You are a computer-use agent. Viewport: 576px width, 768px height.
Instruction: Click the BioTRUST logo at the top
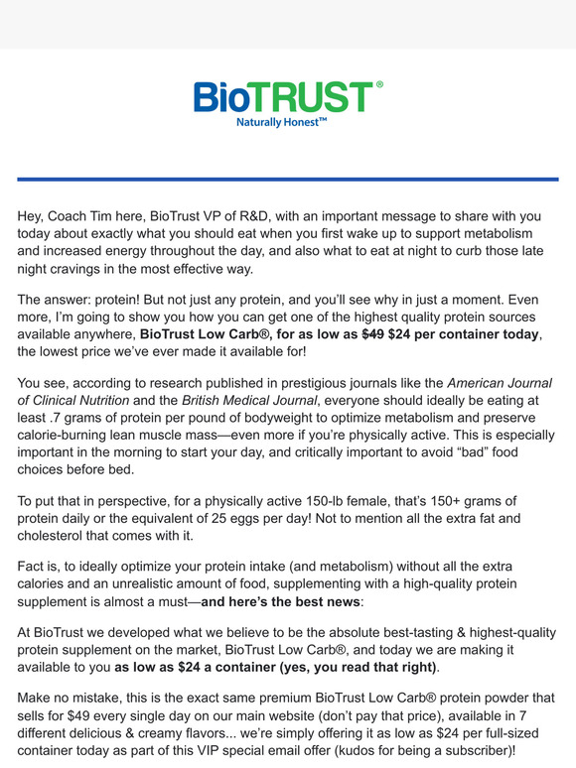pos(287,97)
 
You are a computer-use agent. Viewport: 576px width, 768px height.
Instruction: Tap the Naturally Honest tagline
pos(281,123)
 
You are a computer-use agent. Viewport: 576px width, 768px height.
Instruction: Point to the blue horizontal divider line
pos(288,179)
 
